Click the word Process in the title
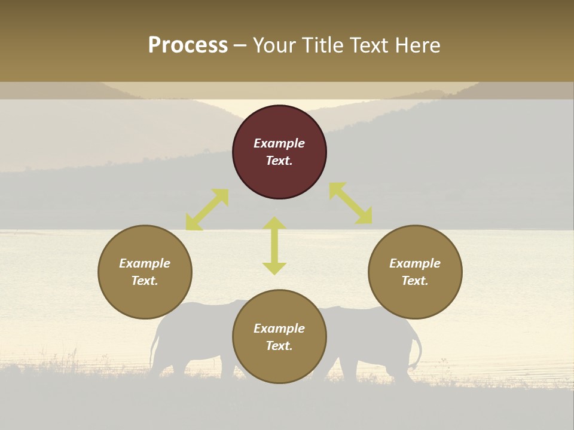[188, 45]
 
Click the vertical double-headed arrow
[274, 245]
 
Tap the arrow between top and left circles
[207, 210]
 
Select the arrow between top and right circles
[350, 204]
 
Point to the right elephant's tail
[418, 352]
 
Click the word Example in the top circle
[279, 143]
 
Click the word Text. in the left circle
[145, 281]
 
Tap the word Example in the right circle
[415, 263]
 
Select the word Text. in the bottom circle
[279, 346]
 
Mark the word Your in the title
[274, 45]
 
